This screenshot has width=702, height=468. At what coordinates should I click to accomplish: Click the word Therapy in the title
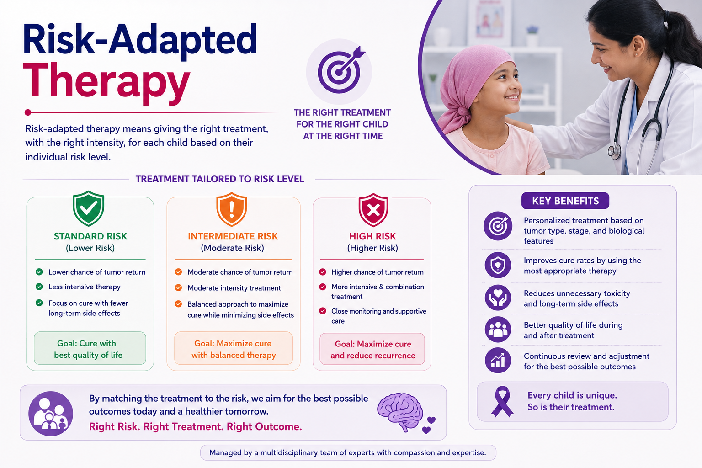point(106,83)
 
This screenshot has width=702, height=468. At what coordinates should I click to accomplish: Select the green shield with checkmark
point(88,208)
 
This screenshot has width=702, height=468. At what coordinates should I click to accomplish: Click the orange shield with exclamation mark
point(232,209)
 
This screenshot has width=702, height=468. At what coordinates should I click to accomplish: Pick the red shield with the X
point(373,210)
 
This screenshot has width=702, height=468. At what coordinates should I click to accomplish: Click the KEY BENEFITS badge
point(565,201)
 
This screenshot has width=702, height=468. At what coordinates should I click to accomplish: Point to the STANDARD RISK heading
point(90,236)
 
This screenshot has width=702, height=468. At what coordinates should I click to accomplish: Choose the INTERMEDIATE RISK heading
point(233,236)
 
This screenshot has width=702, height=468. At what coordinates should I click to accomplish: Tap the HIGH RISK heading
point(372,236)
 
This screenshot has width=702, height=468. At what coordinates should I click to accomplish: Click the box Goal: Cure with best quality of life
point(90,348)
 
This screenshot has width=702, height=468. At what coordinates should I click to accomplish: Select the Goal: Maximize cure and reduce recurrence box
point(372,349)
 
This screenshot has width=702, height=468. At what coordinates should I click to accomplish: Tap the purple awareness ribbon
point(502,402)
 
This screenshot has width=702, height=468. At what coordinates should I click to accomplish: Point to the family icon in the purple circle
point(51,414)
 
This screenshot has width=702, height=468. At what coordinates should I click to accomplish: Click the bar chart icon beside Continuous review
point(498,360)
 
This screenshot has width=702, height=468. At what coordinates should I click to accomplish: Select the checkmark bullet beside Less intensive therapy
point(39,287)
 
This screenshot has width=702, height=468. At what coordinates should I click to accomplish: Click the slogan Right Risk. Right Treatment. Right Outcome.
point(195,426)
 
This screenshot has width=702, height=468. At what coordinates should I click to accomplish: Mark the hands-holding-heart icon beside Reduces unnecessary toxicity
point(498,298)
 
